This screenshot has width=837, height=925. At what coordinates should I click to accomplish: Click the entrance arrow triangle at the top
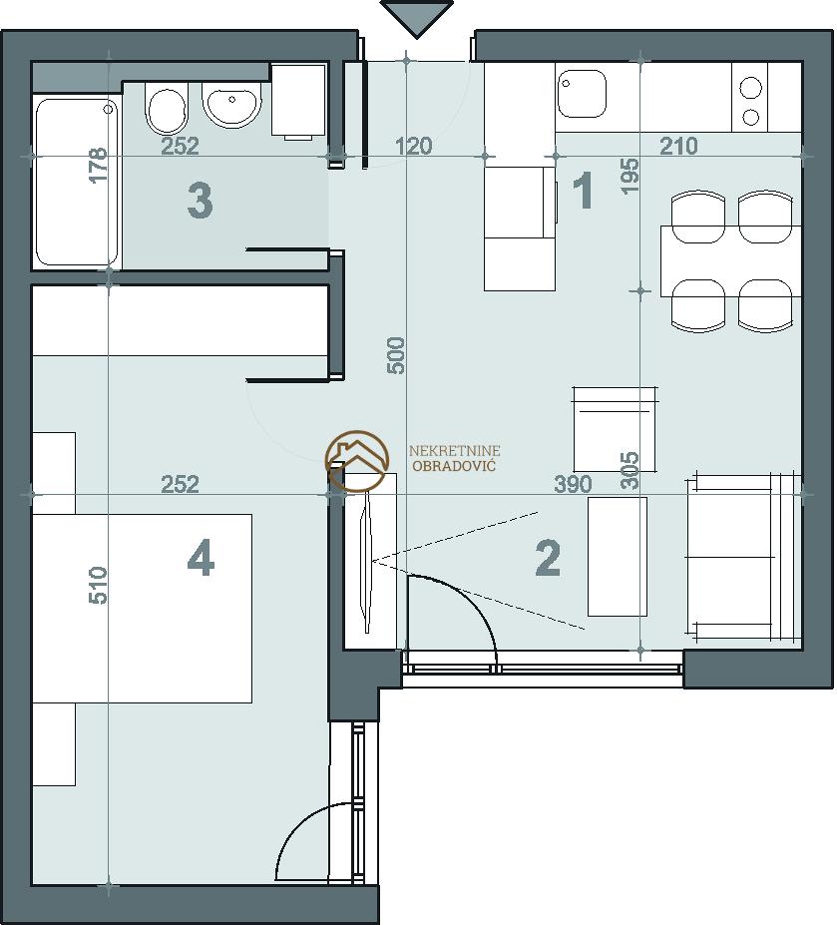[x=417, y=18]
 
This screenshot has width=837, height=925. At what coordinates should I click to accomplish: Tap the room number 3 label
[x=200, y=201]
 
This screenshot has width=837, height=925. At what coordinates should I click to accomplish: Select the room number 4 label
[x=201, y=559]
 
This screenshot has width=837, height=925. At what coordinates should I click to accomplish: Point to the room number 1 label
[x=583, y=190]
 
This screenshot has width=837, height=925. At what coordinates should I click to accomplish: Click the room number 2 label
[x=548, y=559]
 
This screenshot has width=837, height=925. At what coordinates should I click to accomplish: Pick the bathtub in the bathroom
[x=77, y=183]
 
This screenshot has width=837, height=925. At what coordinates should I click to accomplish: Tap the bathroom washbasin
[x=231, y=105]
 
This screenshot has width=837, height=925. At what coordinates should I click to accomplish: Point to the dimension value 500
[x=397, y=355]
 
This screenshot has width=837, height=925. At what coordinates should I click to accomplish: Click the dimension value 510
[x=99, y=585]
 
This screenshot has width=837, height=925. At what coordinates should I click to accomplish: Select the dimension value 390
[x=573, y=484]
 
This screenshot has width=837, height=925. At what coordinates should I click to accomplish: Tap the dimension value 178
[x=99, y=166]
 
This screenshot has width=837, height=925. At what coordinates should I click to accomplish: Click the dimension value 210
[x=678, y=145]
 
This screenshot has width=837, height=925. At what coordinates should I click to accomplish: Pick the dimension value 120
[x=413, y=145]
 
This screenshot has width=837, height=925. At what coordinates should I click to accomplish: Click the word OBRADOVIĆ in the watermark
[x=454, y=466]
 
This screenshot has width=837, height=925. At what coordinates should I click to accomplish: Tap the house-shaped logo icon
[x=357, y=461]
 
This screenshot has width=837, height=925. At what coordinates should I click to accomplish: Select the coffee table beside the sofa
[x=618, y=557]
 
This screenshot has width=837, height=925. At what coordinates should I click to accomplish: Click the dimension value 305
[x=630, y=470]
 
